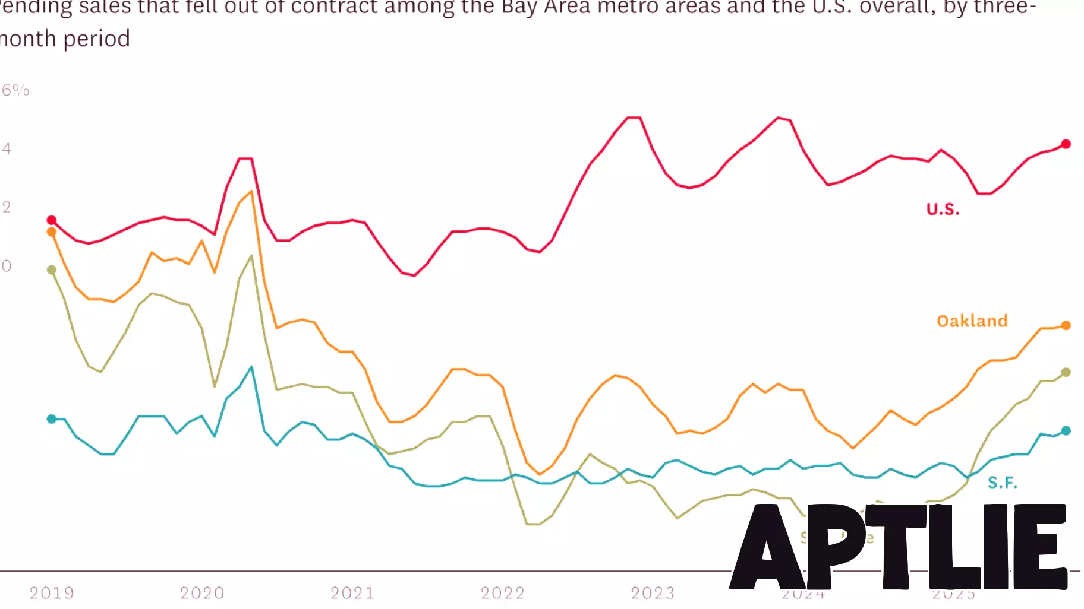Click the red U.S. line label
pos(943,210)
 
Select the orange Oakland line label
pos(972,321)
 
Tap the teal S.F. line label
pos(1003,483)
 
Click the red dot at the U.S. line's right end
pos(1066,144)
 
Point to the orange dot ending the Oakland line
pos(1066,325)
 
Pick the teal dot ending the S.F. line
pos(1066,431)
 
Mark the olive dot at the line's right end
pos(1066,372)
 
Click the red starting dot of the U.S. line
pos(52,220)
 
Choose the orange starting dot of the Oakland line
pos(52,232)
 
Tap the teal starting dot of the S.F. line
pos(52,419)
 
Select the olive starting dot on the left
pos(52,270)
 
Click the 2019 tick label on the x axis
pos(52,593)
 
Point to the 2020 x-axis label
pos(202,593)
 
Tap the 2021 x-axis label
pos(352,593)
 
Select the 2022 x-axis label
pos(503,593)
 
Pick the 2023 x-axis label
pos(653,593)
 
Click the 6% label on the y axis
pos(15,90)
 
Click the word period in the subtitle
pos(96,39)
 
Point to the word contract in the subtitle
pos(333,7)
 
